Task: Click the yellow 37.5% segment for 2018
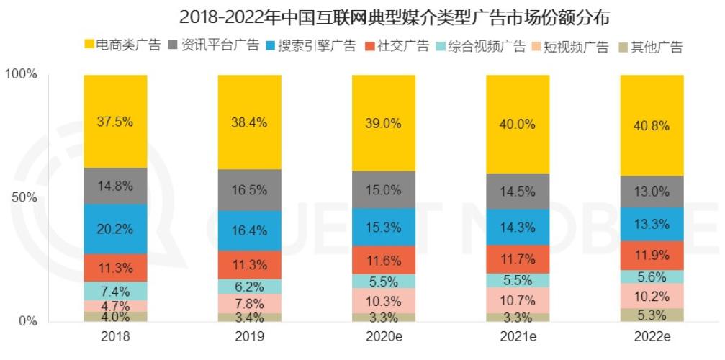pyautogui.click(x=115, y=121)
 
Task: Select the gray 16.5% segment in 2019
pyautogui.click(x=250, y=189)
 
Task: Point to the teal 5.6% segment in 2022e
pyautogui.click(x=652, y=276)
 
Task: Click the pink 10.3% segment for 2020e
pyautogui.click(x=384, y=300)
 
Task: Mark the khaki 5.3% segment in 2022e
pyautogui.click(x=652, y=315)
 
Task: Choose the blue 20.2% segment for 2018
pyautogui.click(x=115, y=229)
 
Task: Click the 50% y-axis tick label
pyautogui.click(x=24, y=197)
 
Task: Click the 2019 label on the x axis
pyautogui.click(x=250, y=337)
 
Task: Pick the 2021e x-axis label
pyautogui.click(x=518, y=337)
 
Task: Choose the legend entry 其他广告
pyautogui.click(x=649, y=47)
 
